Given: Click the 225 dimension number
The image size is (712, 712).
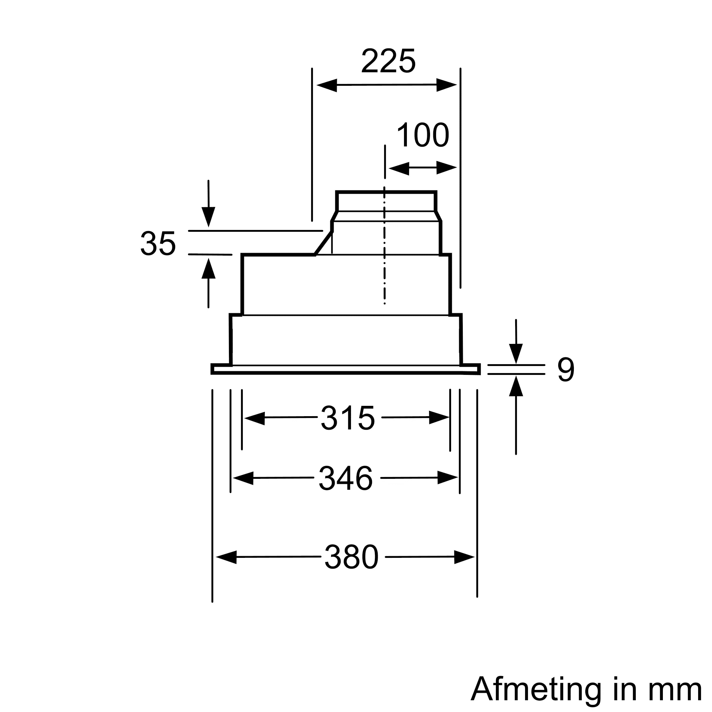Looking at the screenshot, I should click(x=388, y=61).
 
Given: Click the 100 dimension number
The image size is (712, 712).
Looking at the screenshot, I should click(x=423, y=135).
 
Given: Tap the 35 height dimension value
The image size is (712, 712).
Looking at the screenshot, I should click(x=158, y=244).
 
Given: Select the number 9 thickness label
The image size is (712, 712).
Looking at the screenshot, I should click(x=565, y=370).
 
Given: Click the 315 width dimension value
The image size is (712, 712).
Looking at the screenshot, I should click(x=347, y=418).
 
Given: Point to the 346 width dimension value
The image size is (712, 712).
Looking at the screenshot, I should click(x=346, y=478).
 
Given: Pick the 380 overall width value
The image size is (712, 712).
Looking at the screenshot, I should click(x=351, y=557).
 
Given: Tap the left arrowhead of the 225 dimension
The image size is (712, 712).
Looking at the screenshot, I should click(x=326, y=85).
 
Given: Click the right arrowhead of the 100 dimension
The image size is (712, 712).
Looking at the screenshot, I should click(x=447, y=168).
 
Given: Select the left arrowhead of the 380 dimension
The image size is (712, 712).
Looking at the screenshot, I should click(x=226, y=557).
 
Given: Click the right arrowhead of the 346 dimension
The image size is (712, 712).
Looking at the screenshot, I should click(x=447, y=478).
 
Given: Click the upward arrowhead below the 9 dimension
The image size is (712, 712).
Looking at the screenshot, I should click(x=516, y=386).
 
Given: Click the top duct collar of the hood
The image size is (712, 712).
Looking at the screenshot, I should click(x=386, y=201).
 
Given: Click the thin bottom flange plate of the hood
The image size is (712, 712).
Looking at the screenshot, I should click(x=346, y=369).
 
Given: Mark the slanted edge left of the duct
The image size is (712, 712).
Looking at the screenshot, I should click(x=324, y=243).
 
